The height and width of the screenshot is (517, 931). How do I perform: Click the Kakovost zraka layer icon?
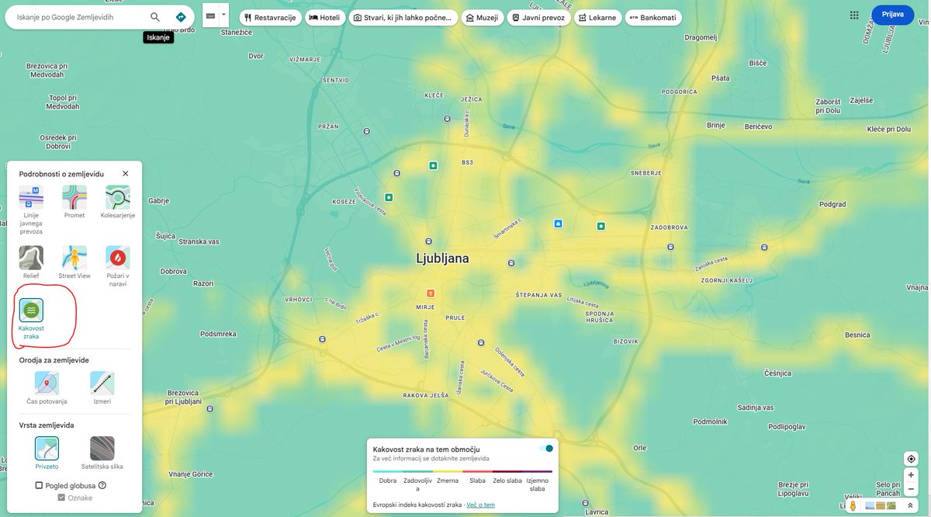coord(31,310)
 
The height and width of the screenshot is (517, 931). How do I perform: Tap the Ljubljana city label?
coord(442,258)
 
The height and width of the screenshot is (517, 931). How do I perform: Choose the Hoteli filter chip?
coord(324,17)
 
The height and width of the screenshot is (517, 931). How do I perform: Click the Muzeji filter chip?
coord(481,17)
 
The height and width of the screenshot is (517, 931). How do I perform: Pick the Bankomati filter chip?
coord(652,17)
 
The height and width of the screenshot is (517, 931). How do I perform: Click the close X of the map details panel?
coord(126,174)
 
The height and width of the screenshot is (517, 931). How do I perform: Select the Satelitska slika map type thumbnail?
coord(102,448)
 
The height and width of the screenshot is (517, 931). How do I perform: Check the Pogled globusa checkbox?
coord(39,485)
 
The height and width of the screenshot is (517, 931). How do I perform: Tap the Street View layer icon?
coord(74,258)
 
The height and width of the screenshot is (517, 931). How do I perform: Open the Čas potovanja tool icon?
coord(47,383)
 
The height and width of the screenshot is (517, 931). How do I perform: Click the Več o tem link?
coord(480,505)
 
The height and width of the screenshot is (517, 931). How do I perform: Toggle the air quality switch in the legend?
coord(546,448)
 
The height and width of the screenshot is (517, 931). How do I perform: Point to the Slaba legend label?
coord(477,481)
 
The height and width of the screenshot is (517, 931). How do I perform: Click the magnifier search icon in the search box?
coord(155,17)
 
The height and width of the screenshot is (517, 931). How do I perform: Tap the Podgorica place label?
coord(679,92)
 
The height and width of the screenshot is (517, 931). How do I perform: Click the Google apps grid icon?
coord(854,15)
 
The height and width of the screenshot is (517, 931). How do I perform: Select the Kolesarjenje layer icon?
coord(118,197)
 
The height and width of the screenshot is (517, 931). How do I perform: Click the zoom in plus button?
coord(911,474)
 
